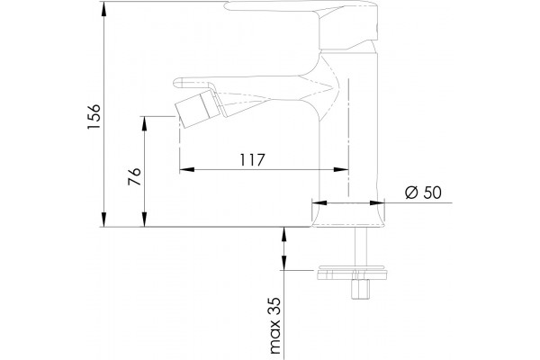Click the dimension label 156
tap(94, 116)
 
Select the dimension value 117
tap(252, 160)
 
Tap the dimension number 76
tap(135, 176)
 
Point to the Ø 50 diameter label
tap(423, 193)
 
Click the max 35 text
tap(275, 326)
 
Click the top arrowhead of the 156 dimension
tap(103, 9)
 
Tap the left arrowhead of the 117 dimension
tap(187, 169)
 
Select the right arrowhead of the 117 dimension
tap(341, 169)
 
